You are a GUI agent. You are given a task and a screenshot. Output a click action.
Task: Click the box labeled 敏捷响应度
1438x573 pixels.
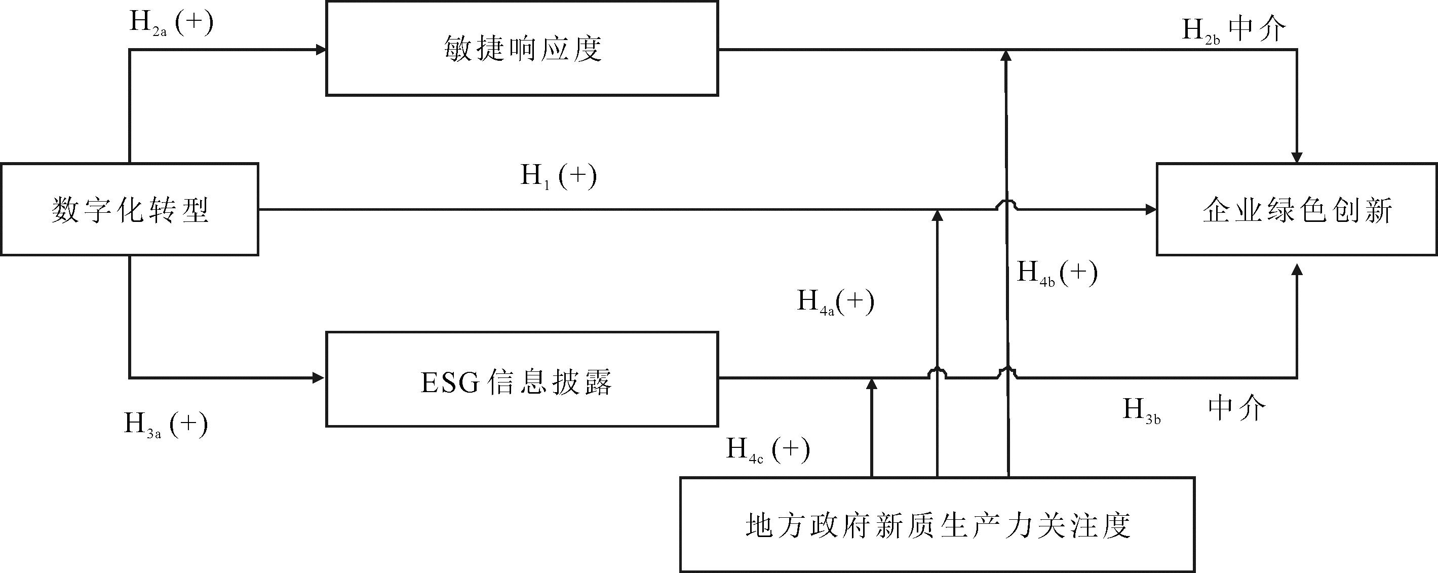[522, 49]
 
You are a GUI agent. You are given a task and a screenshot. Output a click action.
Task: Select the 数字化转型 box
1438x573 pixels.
[130, 209]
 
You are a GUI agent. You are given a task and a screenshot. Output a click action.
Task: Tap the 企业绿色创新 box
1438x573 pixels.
[1297, 209]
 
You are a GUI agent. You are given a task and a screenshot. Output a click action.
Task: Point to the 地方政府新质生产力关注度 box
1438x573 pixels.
[937, 525]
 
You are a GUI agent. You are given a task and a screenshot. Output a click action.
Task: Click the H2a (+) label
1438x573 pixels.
[171, 23]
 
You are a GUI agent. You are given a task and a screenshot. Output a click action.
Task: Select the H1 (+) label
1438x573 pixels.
[558, 176]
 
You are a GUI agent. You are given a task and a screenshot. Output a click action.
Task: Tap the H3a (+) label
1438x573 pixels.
[166, 425]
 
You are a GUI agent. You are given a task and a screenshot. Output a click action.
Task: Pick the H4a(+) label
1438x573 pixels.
[835, 302]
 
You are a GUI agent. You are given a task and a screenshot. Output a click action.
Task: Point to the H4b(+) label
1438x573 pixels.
[1057, 273]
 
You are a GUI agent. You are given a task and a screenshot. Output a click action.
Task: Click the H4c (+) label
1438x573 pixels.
[767, 449]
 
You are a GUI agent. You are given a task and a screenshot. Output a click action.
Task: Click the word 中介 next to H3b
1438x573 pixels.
[1237, 409]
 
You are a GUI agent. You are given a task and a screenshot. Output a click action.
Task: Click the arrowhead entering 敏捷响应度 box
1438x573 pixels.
[321, 50]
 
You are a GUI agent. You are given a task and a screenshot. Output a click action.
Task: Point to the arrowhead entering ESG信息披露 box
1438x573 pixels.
[319, 378]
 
